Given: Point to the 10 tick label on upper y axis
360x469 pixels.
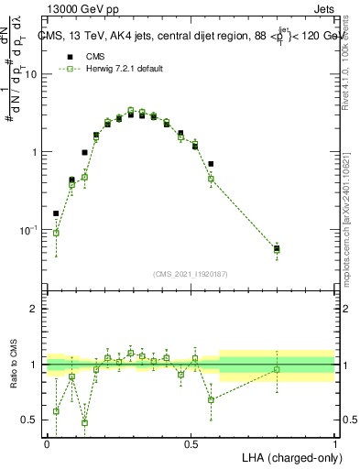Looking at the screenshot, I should [x=32, y=75].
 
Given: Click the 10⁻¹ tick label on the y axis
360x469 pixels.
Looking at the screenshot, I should [x=30, y=230].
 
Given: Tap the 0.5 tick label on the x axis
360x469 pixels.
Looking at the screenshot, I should [x=191, y=444].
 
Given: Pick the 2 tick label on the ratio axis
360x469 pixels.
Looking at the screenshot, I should [x=35, y=310].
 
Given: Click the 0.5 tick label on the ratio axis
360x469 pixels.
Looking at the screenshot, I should [x=30, y=420].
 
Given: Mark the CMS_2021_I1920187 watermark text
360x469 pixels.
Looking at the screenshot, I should [x=191, y=273].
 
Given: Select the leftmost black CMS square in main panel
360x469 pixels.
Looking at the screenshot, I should [x=56, y=213].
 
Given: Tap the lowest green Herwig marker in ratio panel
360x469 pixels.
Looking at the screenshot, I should [x=84, y=422].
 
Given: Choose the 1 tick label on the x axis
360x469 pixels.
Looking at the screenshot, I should [x=335, y=444].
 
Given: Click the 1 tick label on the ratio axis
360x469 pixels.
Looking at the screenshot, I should [x=35, y=365].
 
